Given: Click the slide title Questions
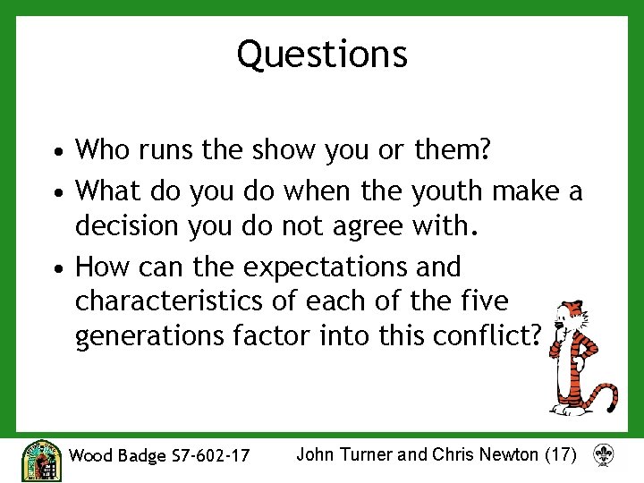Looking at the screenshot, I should coord(322,54).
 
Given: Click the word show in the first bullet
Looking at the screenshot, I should coord(282,149).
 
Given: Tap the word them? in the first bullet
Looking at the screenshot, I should coord(453,149).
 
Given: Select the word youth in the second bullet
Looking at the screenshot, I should coord(458,191).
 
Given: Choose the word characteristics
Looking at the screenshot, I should coord(175,301).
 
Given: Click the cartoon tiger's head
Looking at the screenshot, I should coord(566,318).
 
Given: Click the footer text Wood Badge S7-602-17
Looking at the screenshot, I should coord(159,455).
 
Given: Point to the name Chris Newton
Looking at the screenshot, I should coord(486,454).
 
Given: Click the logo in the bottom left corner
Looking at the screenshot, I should coord(41,459).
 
